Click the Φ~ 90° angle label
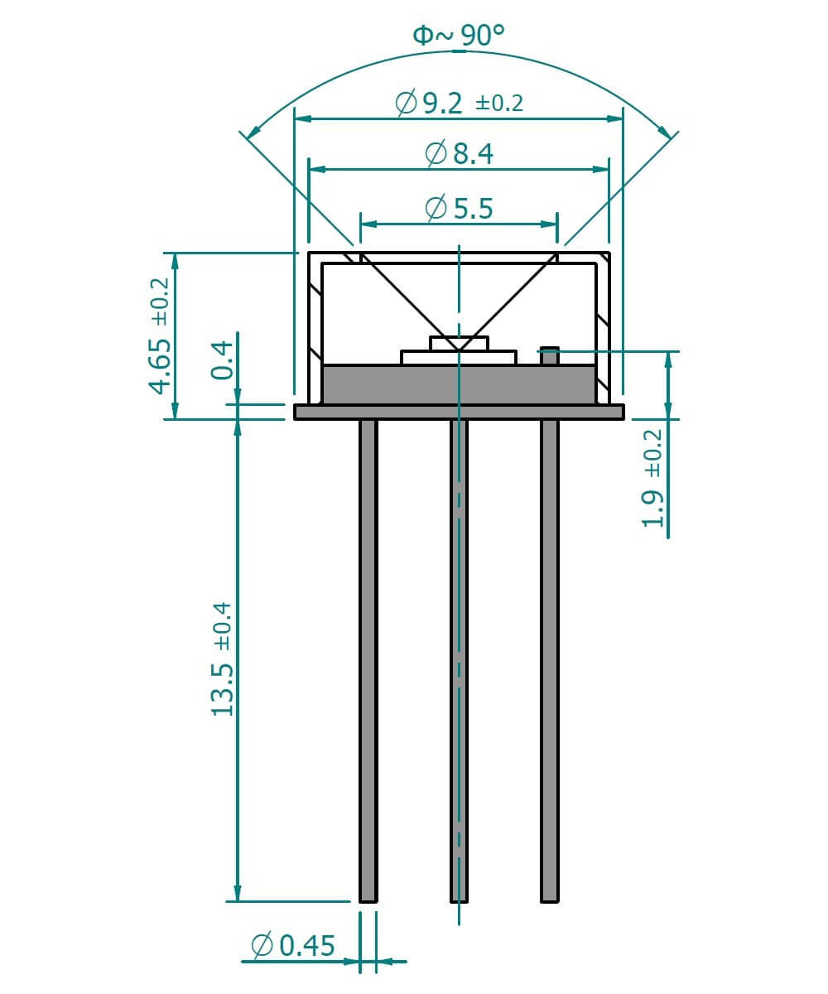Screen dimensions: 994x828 458,35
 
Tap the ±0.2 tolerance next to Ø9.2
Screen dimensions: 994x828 499,104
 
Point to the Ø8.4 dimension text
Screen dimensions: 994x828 459,154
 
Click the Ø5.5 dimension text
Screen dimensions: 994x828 459,208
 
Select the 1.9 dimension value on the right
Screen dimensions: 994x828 653,509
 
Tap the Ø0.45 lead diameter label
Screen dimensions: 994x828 292,944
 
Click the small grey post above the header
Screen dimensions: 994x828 549,355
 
